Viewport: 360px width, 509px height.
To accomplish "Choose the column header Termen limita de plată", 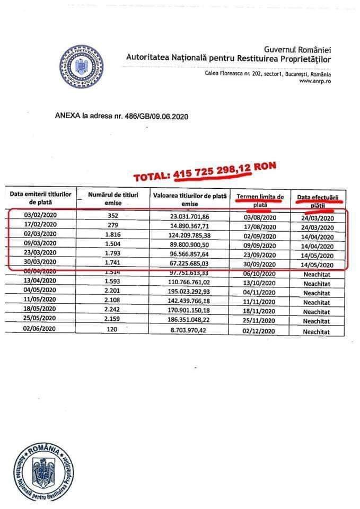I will pos(260,199).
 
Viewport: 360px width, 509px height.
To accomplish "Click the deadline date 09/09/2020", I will pos(260,245).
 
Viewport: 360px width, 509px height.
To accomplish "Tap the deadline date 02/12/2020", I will pos(260,330).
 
